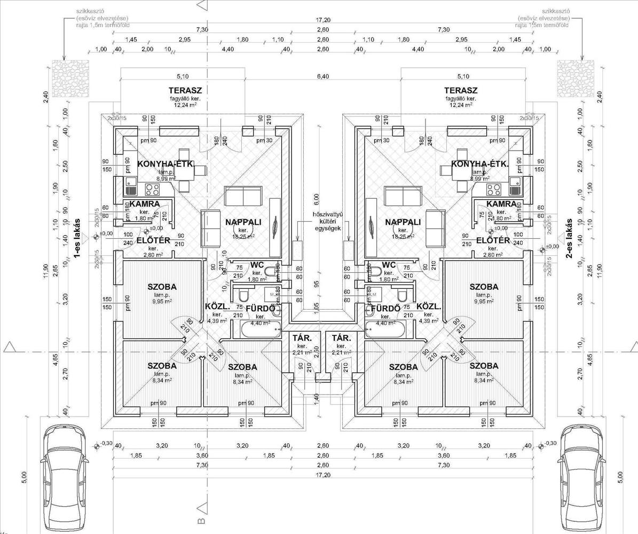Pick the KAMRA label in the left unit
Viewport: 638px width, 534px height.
point(144,204)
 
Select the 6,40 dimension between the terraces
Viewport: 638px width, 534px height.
point(322,77)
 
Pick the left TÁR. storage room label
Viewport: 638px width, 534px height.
point(297,339)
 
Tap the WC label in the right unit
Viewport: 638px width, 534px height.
point(389,265)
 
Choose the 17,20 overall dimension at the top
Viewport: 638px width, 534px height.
point(322,20)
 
